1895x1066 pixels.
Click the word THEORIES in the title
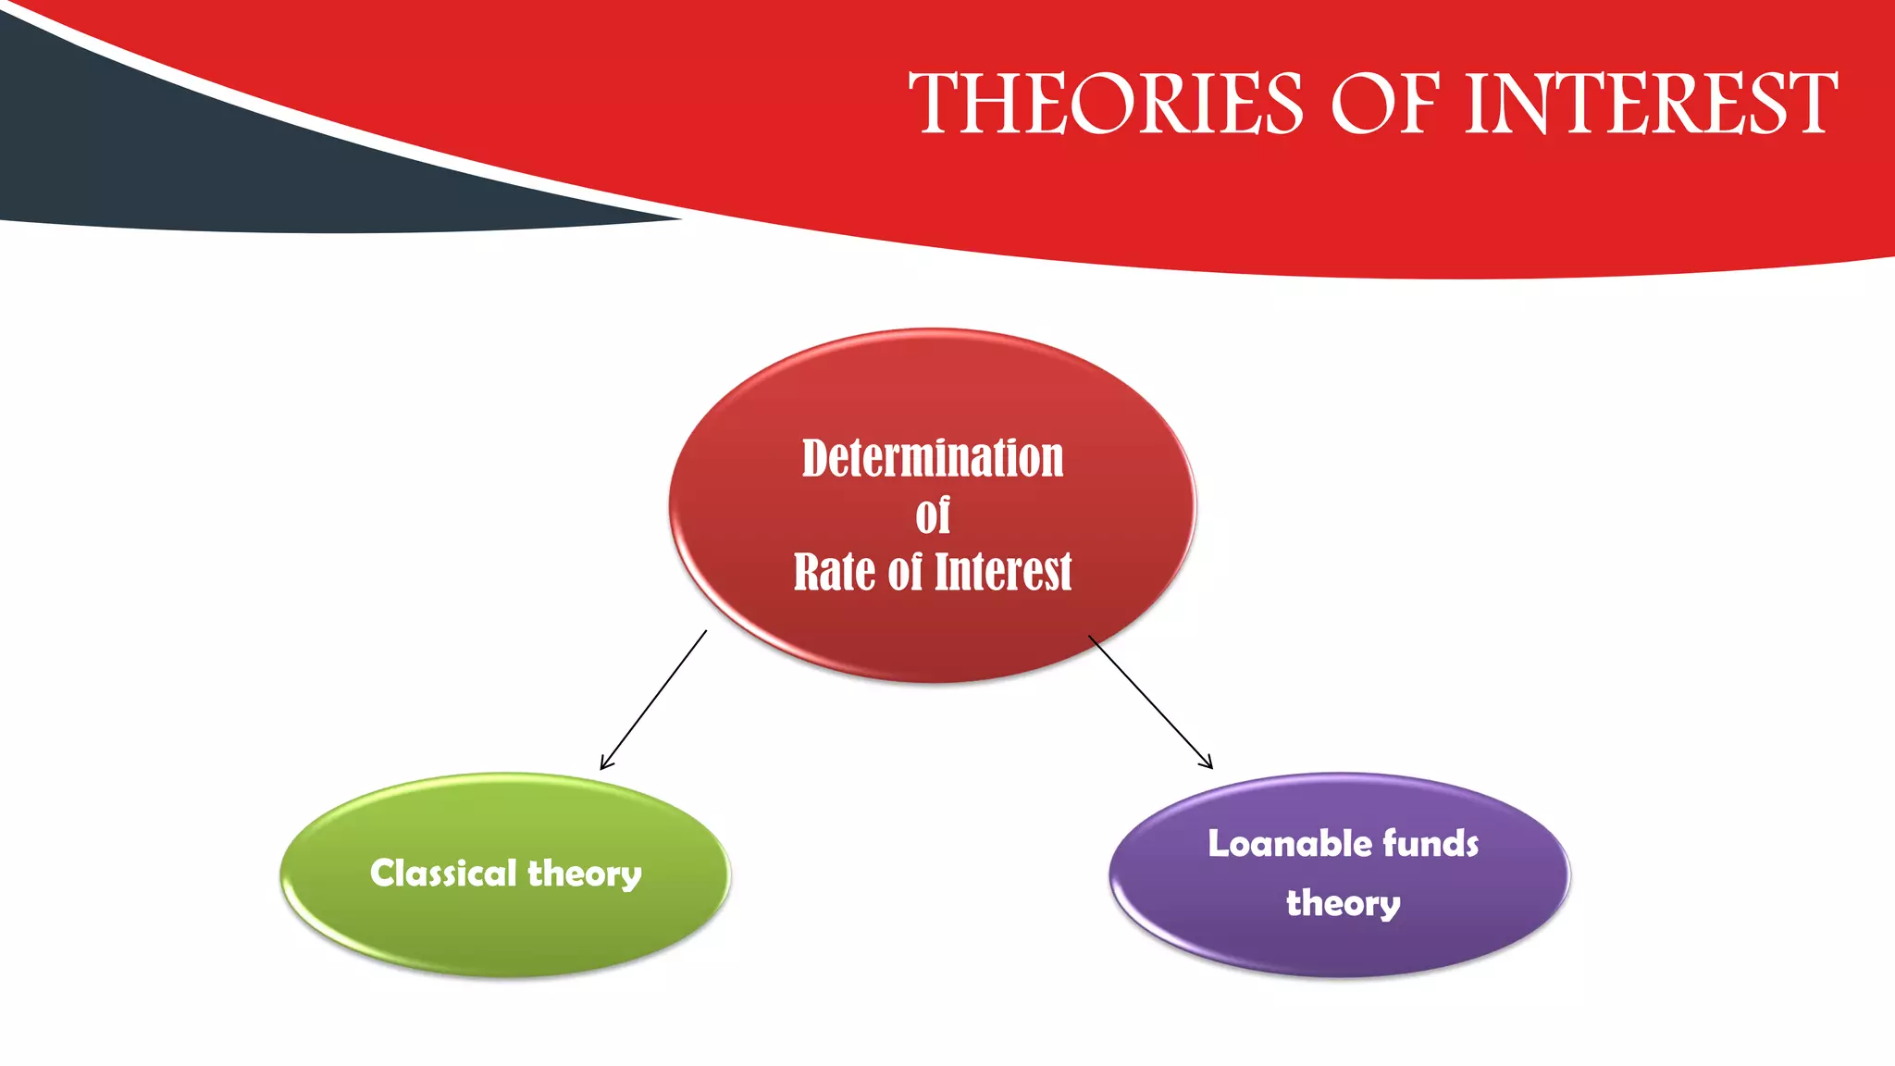tap(1106, 104)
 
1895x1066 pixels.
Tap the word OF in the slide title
tap(1384, 104)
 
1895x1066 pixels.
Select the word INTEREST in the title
tap(1652, 104)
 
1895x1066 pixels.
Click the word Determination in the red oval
tap(933, 459)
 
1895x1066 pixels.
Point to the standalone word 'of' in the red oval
tap(933, 515)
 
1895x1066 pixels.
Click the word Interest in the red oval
tap(1003, 572)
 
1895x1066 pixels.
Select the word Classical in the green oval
tap(443, 873)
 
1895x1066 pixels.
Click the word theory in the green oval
tap(585, 874)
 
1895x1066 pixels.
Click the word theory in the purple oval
tap(1343, 903)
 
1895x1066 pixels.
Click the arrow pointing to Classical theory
tap(653, 700)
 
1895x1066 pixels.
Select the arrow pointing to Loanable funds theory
tap(1150, 701)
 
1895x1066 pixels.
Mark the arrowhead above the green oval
tap(605, 763)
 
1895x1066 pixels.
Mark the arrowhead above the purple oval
tap(1207, 762)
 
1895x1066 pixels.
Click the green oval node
tap(505, 935)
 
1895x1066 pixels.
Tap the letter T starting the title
tap(936, 104)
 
